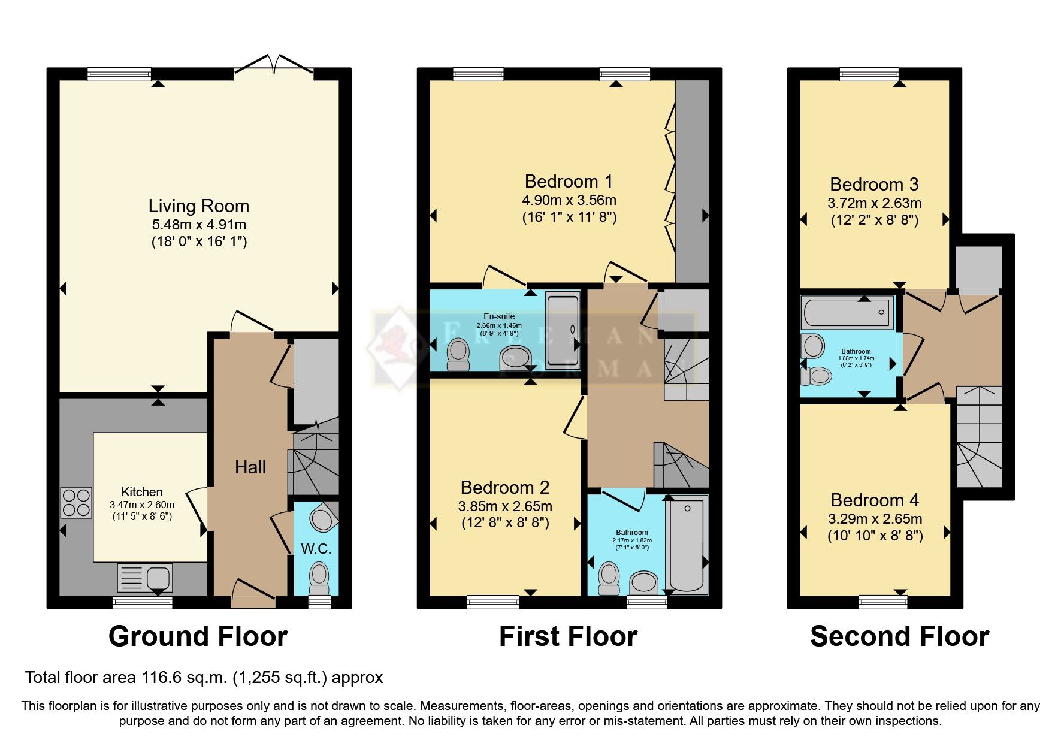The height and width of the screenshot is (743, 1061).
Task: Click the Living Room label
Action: point(198,206)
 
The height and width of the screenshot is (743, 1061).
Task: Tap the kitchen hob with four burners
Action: point(76,503)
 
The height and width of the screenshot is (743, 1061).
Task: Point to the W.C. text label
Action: point(316,549)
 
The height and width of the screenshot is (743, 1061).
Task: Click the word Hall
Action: point(250,467)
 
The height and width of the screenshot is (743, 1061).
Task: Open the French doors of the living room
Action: point(274,64)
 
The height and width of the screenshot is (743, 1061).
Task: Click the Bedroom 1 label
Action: point(569,181)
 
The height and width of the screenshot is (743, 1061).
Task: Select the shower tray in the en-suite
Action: point(563,330)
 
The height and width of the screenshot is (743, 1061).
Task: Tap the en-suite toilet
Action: point(459,353)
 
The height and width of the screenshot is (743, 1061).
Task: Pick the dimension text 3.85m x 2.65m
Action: point(505,506)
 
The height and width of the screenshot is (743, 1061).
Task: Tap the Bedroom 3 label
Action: point(874,185)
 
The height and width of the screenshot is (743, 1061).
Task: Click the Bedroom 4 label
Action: point(875,500)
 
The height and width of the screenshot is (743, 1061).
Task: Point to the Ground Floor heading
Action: point(198,636)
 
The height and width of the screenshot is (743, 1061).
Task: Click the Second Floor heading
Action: point(899,636)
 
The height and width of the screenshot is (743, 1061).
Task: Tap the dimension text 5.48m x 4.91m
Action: point(198,225)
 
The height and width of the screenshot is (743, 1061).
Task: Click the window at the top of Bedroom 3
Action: point(869,74)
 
